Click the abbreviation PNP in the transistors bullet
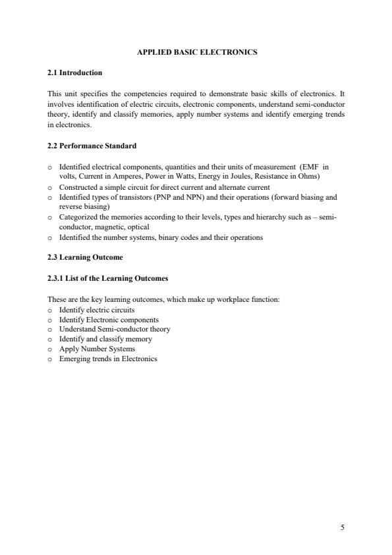click(x=151, y=196)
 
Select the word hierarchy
click(x=256, y=217)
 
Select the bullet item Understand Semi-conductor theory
click(x=115, y=329)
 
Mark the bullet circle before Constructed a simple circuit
click(x=51, y=187)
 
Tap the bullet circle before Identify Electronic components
click(x=51, y=319)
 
